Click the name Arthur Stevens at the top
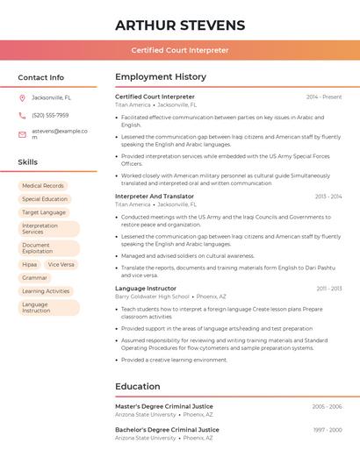(x=180, y=25)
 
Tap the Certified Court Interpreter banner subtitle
(x=180, y=50)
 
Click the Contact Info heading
(x=40, y=77)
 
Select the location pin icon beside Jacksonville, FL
(x=23, y=97)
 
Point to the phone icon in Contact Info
(x=23, y=115)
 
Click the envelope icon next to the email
(x=23, y=134)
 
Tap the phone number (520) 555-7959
(x=50, y=115)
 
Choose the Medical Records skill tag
(x=43, y=186)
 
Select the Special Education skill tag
(x=45, y=199)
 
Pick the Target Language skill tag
(x=44, y=212)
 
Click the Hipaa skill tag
(x=30, y=264)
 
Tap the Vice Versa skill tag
(x=61, y=264)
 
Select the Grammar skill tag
(x=35, y=277)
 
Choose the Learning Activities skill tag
(x=46, y=290)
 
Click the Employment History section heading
(x=161, y=77)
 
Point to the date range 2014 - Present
(x=324, y=97)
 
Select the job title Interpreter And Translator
(x=155, y=197)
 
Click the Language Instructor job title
(x=146, y=289)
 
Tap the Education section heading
(x=138, y=386)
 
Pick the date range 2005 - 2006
(x=327, y=407)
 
